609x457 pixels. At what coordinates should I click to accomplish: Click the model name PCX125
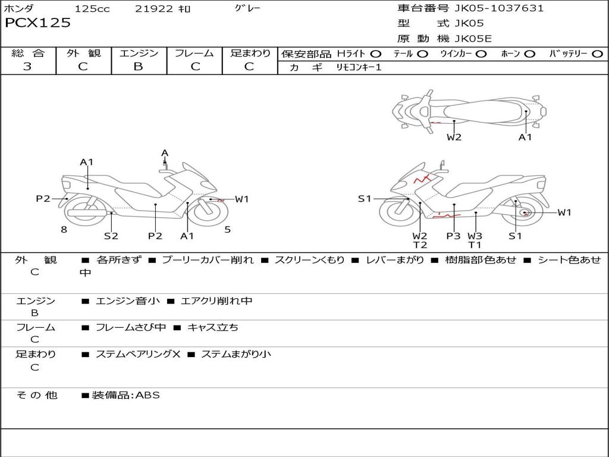click(x=38, y=23)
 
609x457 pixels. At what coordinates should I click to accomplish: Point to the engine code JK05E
click(x=473, y=39)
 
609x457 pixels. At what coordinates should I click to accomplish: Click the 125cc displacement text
click(x=92, y=9)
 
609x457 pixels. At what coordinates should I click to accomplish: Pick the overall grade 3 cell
click(x=27, y=67)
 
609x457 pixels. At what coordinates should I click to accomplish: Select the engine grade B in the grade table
click(x=138, y=67)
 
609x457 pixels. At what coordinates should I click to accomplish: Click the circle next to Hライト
click(x=375, y=54)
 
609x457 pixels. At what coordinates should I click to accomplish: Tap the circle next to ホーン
click(x=529, y=54)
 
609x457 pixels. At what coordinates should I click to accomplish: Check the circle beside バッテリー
click(x=597, y=54)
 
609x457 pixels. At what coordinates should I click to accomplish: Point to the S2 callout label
click(x=111, y=236)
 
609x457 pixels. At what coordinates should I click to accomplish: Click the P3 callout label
click(x=453, y=236)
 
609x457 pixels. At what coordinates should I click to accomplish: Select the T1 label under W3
click(x=475, y=245)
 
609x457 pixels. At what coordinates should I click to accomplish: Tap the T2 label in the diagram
click(x=420, y=245)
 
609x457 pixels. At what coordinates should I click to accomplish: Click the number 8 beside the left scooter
click(x=64, y=230)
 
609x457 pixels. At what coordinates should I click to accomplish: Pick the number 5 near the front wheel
click(x=227, y=230)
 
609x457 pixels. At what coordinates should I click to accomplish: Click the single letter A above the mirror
click(x=165, y=153)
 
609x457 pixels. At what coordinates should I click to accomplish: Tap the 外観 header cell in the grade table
click(x=83, y=54)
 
